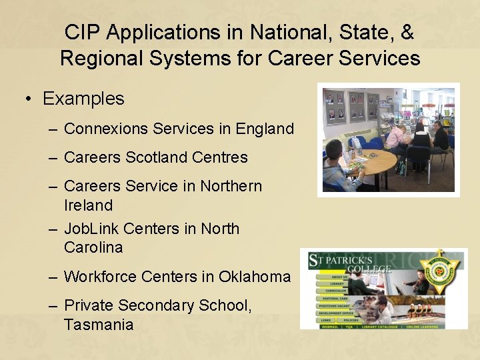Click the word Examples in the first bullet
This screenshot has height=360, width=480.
[x=83, y=99]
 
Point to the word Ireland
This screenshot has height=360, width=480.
[x=88, y=205]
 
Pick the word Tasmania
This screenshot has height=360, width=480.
[x=99, y=325]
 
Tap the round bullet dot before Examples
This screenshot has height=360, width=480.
[x=29, y=99]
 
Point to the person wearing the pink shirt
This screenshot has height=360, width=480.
[x=396, y=137]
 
